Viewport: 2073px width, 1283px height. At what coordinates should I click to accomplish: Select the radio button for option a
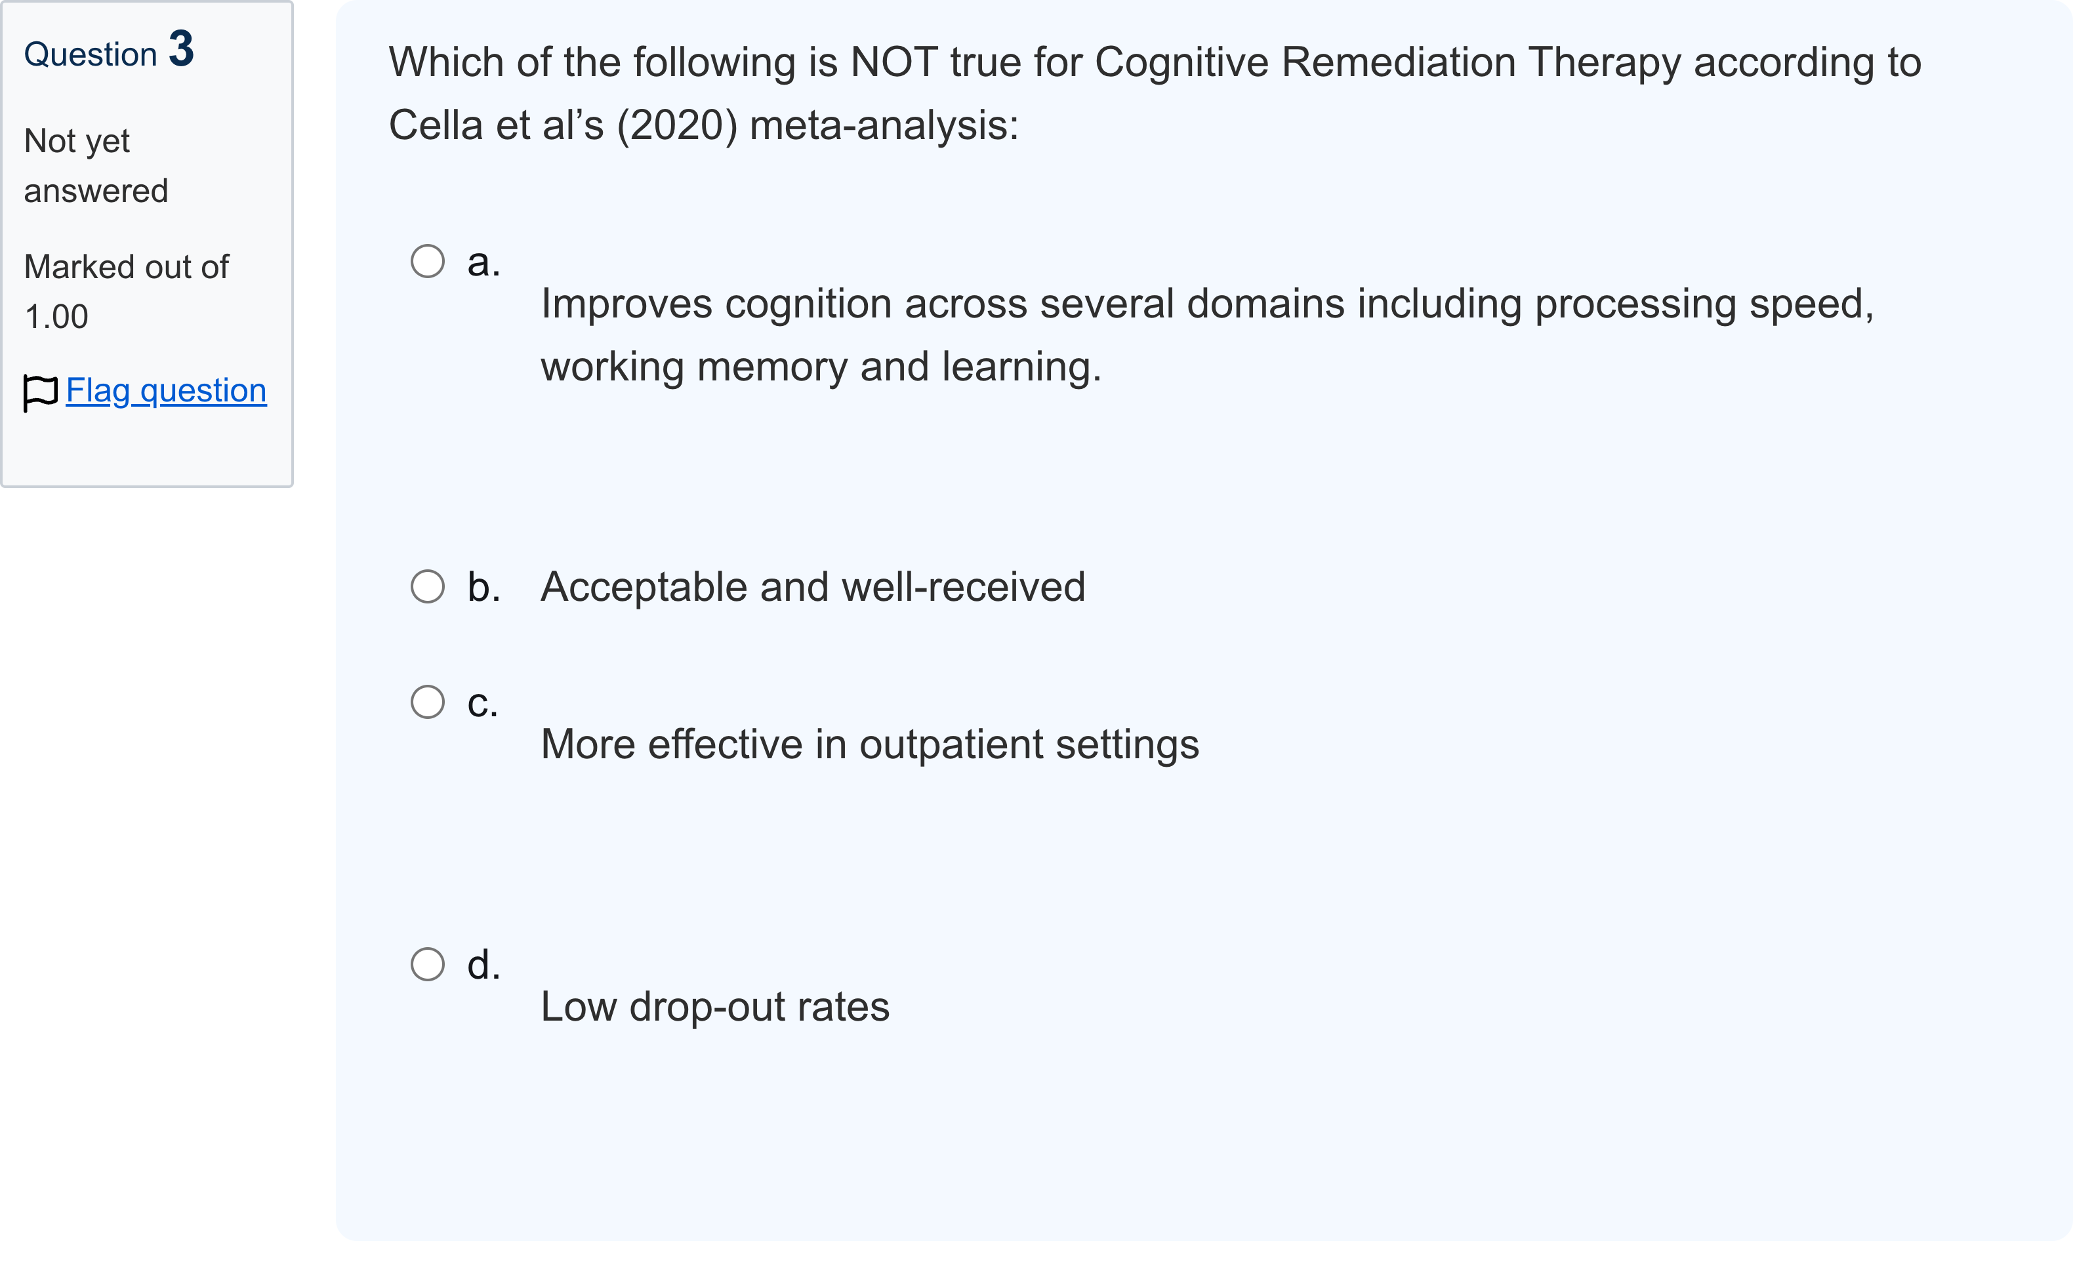428,261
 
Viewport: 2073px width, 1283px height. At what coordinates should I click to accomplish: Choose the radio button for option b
428,586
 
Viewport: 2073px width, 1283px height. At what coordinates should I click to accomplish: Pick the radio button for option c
428,702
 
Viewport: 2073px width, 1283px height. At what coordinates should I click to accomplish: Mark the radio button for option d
428,964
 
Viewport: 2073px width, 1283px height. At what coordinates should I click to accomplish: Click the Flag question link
167,391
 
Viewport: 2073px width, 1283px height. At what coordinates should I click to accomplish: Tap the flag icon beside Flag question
40,393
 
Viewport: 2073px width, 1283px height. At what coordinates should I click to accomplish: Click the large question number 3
182,49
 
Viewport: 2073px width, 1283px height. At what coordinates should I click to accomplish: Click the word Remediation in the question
1399,63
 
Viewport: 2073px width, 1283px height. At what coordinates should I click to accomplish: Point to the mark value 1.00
56,317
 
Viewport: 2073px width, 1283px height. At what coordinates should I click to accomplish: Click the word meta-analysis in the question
884,125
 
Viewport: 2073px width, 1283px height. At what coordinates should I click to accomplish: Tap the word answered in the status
96,192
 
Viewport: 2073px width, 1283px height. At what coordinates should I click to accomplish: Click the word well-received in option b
964,587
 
